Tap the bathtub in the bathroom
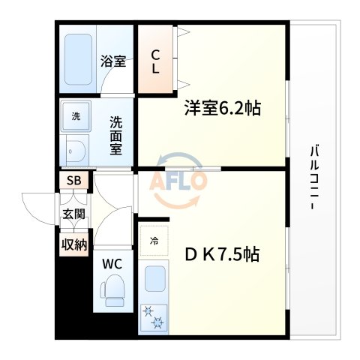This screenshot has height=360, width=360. [x=79, y=58]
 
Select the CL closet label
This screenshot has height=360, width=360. [x=156, y=61]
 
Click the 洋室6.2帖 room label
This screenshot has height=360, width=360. [x=223, y=109]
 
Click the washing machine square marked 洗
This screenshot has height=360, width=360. [x=76, y=116]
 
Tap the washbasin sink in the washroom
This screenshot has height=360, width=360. [x=74, y=152]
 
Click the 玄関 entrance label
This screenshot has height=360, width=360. [x=73, y=214]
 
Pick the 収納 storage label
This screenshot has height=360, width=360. [x=73, y=244]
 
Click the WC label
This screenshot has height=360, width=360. [x=112, y=264]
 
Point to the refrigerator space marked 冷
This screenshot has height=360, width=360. [x=154, y=241]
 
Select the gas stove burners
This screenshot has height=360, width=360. [x=155, y=318]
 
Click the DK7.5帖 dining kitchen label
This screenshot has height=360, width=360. [x=222, y=255]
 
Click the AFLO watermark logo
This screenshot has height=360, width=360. [x=178, y=181]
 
